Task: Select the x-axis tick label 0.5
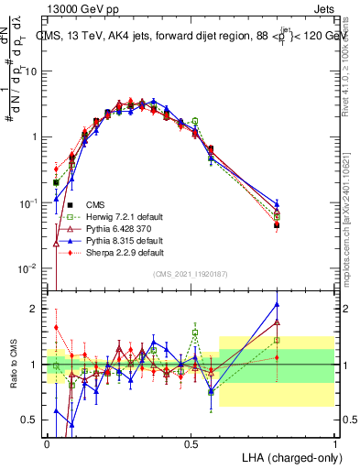click(191, 443)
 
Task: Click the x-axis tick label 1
click(335, 443)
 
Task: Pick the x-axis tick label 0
click(48, 443)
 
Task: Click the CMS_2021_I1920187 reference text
click(191, 275)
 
